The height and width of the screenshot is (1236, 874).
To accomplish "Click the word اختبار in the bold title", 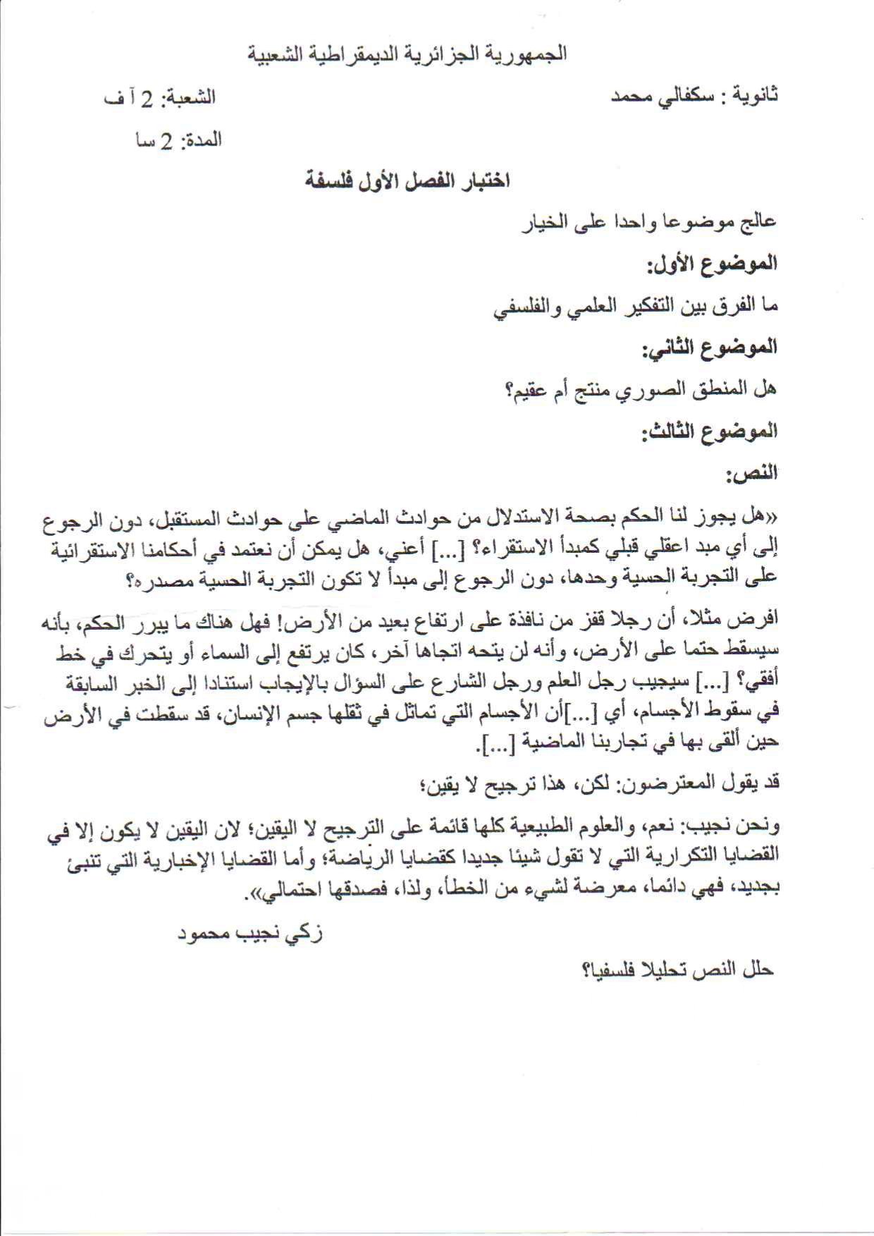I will pyautogui.click(x=484, y=181).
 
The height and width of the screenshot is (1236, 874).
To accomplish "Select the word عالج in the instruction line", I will pyautogui.click(x=758, y=222).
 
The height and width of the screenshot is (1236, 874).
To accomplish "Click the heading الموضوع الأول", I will pyautogui.click(x=712, y=264).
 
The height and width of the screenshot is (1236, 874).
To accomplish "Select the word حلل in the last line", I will pyautogui.click(x=758, y=969).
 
